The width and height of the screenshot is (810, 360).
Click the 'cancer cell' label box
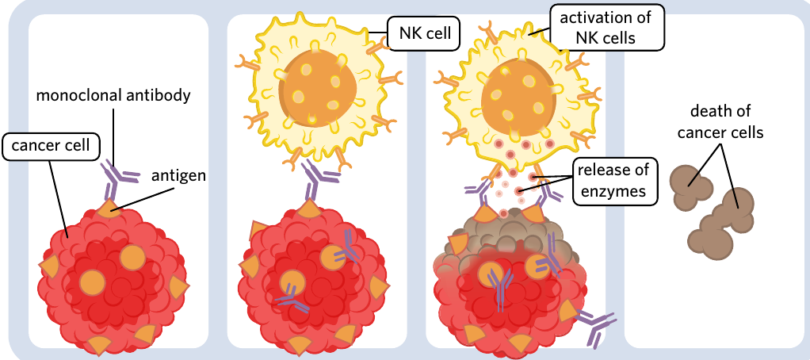click(x=51, y=146)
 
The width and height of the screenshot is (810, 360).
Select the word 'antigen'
click(x=178, y=176)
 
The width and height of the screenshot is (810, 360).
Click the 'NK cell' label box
click(x=423, y=34)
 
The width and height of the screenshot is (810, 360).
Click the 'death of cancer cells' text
click(x=720, y=122)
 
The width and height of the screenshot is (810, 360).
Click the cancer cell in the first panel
click(x=113, y=281)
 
